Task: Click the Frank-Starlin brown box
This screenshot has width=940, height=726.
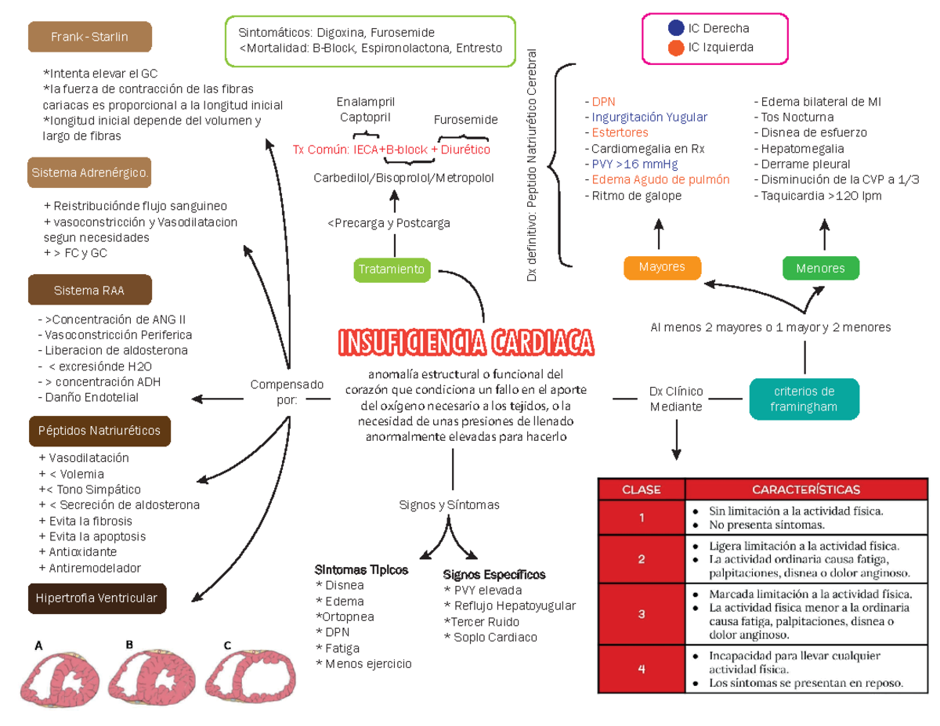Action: click(89, 37)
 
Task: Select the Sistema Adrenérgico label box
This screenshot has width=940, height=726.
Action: click(89, 172)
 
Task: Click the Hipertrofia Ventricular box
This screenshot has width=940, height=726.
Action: click(98, 598)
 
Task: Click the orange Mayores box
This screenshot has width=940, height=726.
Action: click(662, 267)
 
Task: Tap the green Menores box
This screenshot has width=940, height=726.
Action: click(820, 268)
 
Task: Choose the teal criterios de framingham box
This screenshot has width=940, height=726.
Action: click(804, 399)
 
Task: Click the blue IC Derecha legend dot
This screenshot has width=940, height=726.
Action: click(676, 28)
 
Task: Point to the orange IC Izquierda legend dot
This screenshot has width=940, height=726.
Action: click(676, 48)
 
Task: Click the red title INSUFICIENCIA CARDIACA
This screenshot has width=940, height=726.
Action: click(465, 342)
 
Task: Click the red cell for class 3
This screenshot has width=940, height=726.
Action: click(641, 614)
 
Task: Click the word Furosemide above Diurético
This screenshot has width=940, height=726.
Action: click(465, 120)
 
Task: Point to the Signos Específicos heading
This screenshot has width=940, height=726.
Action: click(494, 575)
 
